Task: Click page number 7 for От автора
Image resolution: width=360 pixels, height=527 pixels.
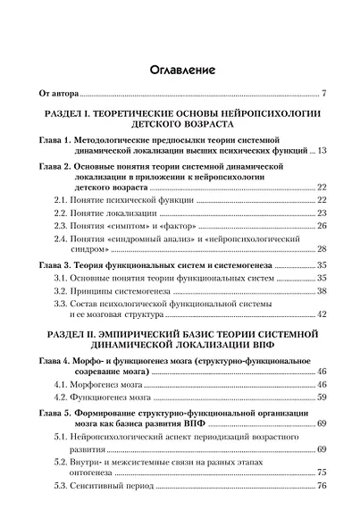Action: pyautogui.click(x=327, y=93)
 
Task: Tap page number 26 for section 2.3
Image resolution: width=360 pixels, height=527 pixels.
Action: pyautogui.click(x=324, y=230)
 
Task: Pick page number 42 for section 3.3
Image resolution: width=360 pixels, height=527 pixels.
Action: pyautogui.click(x=324, y=314)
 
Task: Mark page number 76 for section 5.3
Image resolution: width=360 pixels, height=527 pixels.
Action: pyautogui.click(x=324, y=484)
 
